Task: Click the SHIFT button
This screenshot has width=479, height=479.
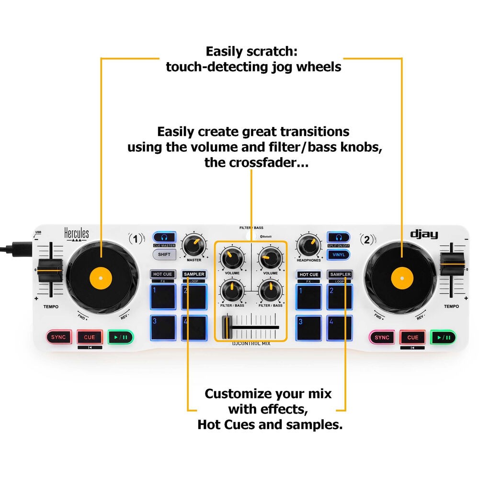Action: click(164, 254)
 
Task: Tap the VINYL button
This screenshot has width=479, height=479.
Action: click(338, 255)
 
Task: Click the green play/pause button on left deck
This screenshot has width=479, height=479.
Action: click(120, 337)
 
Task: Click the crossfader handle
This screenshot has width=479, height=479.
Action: click(227, 328)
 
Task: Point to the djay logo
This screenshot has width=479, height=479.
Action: click(424, 234)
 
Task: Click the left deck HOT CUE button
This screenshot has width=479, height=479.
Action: click(162, 274)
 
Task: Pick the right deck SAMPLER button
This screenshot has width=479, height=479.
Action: click(340, 274)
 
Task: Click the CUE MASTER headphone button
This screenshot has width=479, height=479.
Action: click(164, 237)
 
